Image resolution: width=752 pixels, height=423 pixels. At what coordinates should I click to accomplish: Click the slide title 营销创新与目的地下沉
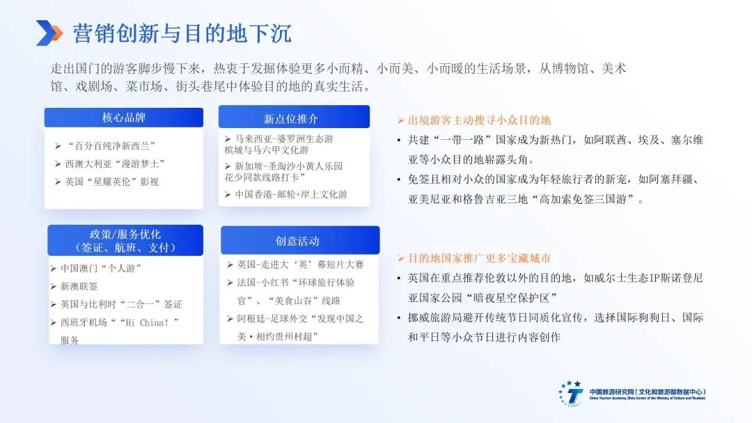click(x=182, y=33)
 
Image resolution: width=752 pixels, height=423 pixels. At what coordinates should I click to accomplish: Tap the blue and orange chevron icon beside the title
click(x=49, y=33)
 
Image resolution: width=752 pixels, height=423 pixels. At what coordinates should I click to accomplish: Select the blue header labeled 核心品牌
click(x=124, y=118)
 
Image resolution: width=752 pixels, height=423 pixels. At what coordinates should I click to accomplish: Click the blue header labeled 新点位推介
click(x=294, y=117)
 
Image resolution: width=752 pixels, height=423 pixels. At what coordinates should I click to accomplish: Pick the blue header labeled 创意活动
click(x=299, y=241)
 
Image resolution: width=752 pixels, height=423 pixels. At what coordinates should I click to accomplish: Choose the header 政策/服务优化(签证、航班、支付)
click(x=125, y=241)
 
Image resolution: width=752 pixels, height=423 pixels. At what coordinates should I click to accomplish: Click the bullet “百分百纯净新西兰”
click(x=111, y=145)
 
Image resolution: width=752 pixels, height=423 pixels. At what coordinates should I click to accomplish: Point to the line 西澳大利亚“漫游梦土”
click(x=115, y=163)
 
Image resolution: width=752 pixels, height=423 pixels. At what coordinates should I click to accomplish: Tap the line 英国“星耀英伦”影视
click(x=111, y=182)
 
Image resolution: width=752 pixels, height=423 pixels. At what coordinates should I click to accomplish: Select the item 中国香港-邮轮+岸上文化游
click(x=291, y=195)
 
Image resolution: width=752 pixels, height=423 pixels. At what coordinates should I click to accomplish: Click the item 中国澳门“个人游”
click(x=101, y=269)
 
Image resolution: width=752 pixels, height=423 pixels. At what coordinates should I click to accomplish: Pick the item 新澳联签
click(x=79, y=287)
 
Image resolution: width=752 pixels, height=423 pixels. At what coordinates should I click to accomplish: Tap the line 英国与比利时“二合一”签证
click(x=121, y=304)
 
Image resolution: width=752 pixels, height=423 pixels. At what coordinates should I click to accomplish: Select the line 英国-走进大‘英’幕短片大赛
click(x=301, y=265)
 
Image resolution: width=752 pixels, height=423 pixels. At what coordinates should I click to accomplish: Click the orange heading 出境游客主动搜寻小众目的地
click(x=479, y=120)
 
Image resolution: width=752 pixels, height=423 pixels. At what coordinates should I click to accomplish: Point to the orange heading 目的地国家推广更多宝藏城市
click(x=479, y=259)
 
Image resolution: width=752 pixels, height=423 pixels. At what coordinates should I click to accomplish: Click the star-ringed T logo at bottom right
click(x=571, y=394)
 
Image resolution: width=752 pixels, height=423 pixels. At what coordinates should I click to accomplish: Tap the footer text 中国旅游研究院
click(x=611, y=392)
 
